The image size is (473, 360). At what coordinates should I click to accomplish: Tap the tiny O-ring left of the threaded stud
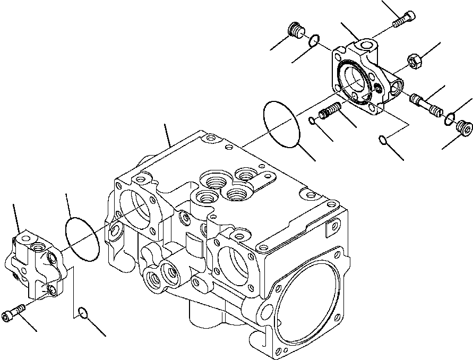tap(313, 121)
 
